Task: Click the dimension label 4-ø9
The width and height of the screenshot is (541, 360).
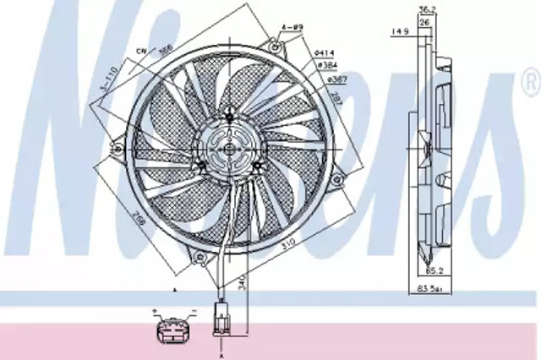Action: coord(292,28)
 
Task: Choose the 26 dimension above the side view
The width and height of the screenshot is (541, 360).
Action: coord(428,22)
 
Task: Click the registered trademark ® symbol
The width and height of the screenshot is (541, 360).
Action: coord(530,84)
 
